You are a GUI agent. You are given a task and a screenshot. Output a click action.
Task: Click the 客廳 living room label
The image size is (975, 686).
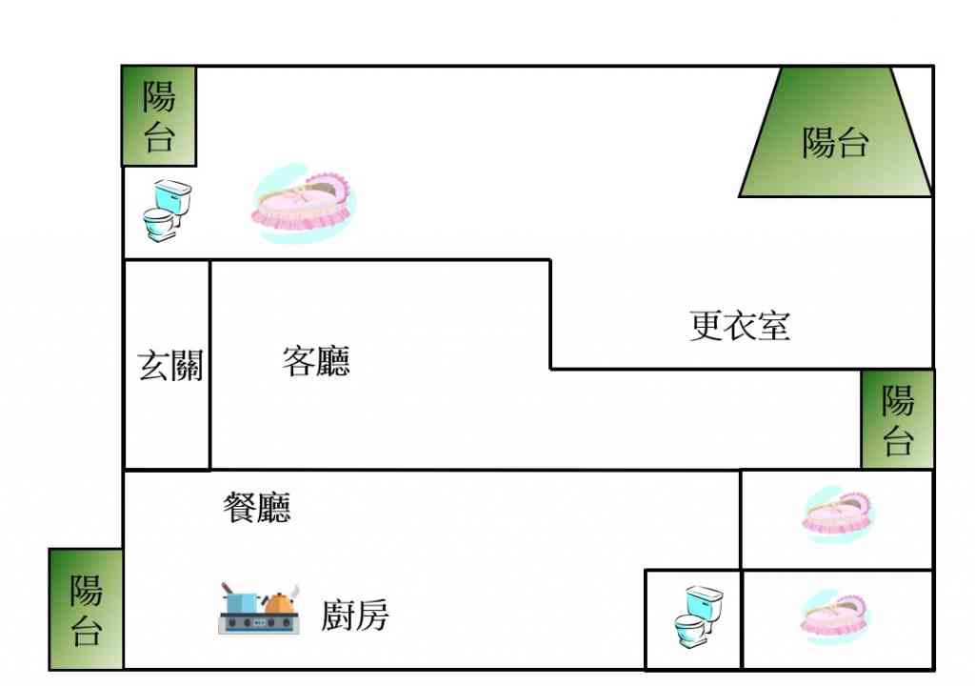316,362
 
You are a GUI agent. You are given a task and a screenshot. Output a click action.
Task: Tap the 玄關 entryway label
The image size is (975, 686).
170,366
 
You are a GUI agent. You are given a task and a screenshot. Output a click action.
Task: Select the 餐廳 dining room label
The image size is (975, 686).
257,507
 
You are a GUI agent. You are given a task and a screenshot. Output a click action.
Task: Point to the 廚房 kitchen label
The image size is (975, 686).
354,615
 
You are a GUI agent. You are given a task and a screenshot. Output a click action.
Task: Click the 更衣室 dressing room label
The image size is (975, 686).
740,325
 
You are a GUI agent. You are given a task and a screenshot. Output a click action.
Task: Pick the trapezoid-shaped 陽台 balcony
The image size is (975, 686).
835,132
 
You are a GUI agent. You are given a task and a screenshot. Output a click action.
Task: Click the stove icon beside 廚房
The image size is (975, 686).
259,608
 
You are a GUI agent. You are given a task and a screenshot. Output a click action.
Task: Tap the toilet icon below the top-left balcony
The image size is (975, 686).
167,211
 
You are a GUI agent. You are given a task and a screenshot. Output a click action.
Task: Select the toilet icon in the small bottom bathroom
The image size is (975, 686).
698,616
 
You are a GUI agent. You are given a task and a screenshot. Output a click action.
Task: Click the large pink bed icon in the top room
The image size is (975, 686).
302,203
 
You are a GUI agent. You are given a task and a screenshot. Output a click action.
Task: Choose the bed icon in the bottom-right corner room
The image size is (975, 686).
834,615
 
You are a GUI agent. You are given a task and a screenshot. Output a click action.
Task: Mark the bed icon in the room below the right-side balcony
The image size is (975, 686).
837,514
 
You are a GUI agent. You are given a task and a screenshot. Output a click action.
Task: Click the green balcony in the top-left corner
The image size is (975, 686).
159,116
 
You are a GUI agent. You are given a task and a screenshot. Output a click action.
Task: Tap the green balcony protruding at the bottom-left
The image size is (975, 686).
86,609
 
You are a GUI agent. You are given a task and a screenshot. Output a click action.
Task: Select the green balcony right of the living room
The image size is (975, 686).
897,419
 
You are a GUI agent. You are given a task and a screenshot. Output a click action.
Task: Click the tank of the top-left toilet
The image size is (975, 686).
173,195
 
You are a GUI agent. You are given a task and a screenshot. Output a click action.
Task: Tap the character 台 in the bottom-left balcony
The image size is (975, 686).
86,631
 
